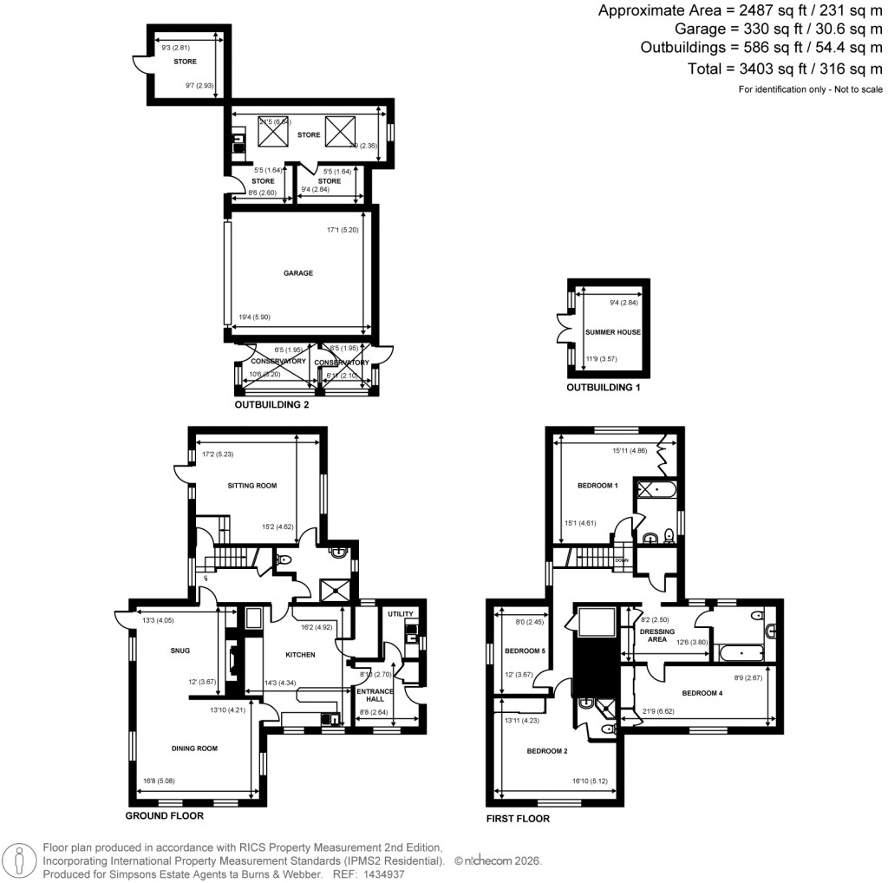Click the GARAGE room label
click(x=297, y=273)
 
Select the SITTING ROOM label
click(x=252, y=486)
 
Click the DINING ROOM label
click(x=193, y=748)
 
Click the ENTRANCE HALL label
click(x=375, y=696)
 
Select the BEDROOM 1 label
click(x=597, y=486)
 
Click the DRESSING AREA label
click(x=656, y=636)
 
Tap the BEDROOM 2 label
click(x=546, y=751)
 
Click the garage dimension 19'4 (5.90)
click(x=253, y=317)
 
